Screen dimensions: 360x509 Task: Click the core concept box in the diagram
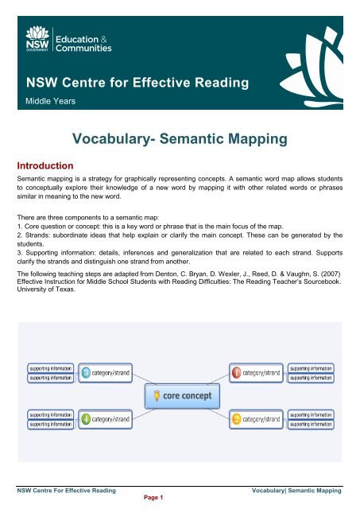click(180, 394)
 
